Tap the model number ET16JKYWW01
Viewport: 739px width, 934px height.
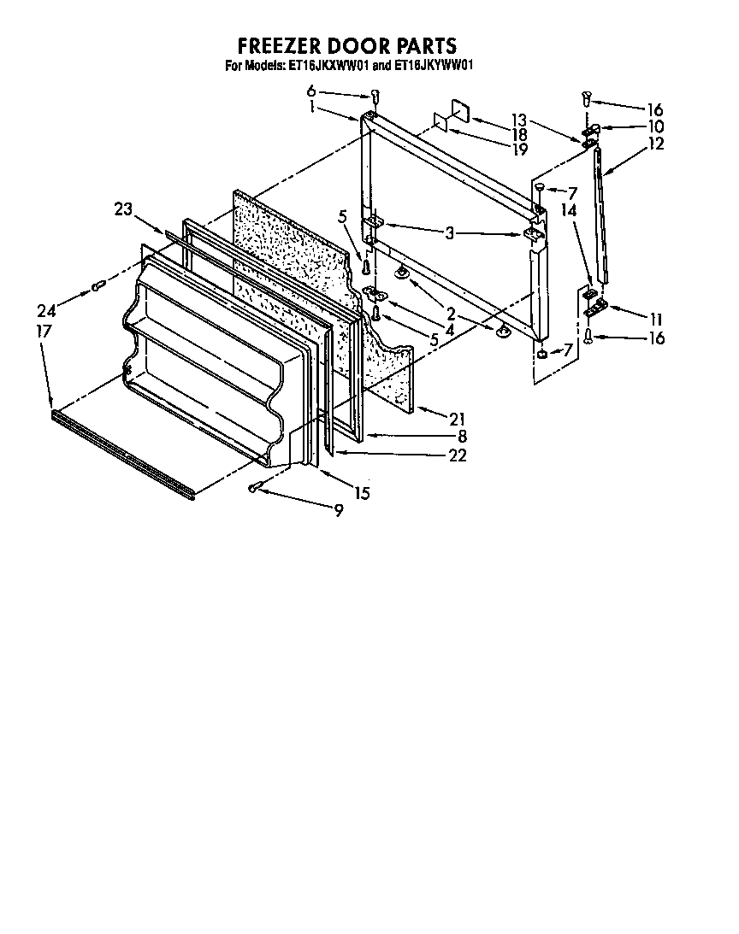pos(433,65)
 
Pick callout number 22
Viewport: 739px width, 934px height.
pos(457,455)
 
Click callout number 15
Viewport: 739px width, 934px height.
pos(363,493)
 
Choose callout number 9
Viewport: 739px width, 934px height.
pos(339,510)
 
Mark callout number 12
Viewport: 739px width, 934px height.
pos(655,144)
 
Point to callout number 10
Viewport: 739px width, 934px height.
pos(655,126)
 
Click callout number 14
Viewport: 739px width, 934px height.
pos(569,208)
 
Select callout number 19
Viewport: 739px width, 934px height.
pos(495,149)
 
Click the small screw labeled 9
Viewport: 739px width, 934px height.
pos(255,487)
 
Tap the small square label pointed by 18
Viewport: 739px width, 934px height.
pos(458,114)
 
